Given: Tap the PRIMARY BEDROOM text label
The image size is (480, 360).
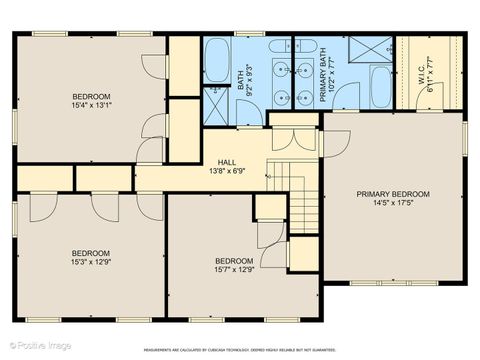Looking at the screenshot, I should [393, 194].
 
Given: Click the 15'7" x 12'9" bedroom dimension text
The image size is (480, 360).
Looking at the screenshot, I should [234, 268].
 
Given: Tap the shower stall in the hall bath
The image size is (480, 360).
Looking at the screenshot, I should [215, 103].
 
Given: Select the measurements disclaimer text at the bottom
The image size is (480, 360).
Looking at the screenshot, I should [239, 350].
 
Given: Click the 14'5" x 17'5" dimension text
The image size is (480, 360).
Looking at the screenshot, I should [393, 204].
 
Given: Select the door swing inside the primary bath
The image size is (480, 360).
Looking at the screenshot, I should [345, 96].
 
